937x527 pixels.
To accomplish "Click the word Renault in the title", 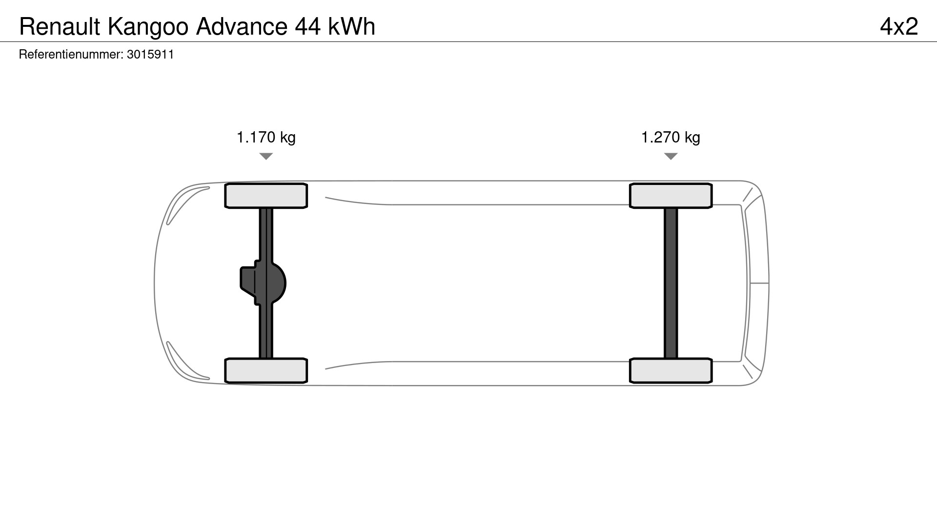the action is (60, 27).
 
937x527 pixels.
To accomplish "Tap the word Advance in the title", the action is (242, 27).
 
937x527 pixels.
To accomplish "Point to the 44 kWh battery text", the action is (335, 27).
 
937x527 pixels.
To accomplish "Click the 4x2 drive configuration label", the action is (899, 26).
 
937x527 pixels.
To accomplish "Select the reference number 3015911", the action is (150, 54).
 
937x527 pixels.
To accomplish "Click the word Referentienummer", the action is (71, 54).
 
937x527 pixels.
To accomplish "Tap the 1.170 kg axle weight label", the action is (266, 138).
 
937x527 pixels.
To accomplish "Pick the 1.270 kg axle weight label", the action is (671, 138).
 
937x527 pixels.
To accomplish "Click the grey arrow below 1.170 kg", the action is (266, 156).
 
